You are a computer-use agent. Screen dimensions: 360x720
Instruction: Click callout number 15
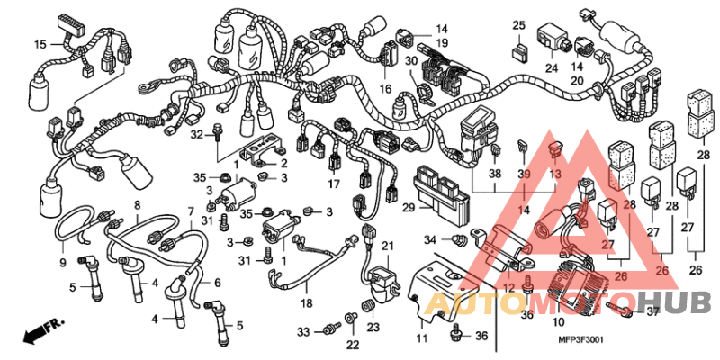[40, 43]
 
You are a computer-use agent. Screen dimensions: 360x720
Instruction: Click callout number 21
[388, 246]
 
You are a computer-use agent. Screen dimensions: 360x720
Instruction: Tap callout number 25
[519, 24]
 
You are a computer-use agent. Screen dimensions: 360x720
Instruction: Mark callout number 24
[550, 67]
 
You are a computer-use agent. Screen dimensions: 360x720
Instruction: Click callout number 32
[194, 134]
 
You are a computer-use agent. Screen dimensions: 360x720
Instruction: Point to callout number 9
[63, 262]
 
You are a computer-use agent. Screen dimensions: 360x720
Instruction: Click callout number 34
[430, 239]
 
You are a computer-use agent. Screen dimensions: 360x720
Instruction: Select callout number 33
[303, 332]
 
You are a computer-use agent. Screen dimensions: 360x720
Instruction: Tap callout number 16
[385, 89]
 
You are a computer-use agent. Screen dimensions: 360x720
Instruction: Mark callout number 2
[283, 163]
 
